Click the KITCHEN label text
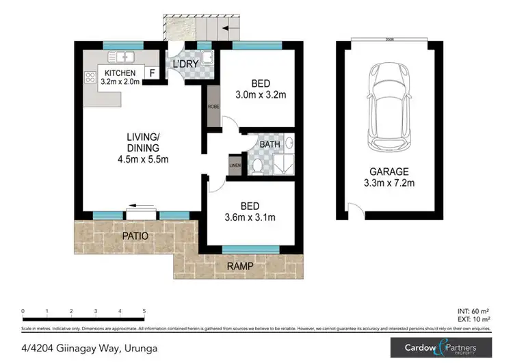tap(120, 73)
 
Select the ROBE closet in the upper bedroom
tap(213, 107)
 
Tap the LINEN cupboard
tap(235, 165)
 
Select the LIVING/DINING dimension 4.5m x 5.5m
tap(143, 159)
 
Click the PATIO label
tap(135, 236)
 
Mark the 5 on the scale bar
tap(144, 310)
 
